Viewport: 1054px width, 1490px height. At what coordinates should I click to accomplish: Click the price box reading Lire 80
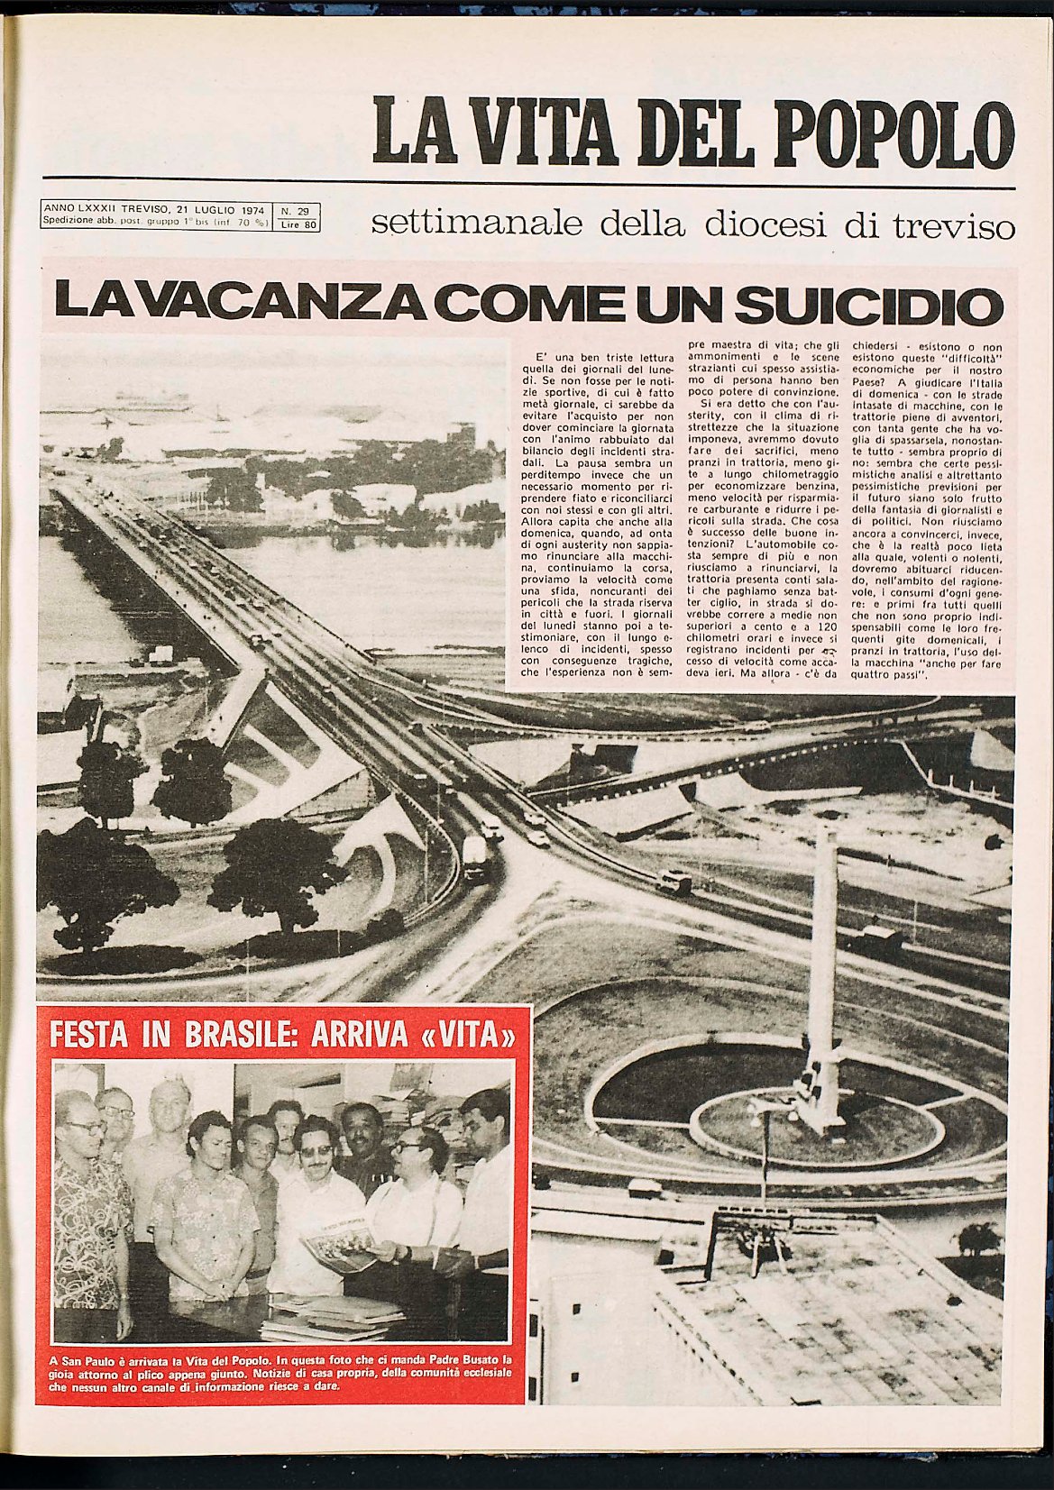click(x=297, y=224)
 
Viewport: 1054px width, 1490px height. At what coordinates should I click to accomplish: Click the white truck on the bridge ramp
click(x=475, y=855)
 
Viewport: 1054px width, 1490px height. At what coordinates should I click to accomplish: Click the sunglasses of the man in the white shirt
click(x=316, y=1151)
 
